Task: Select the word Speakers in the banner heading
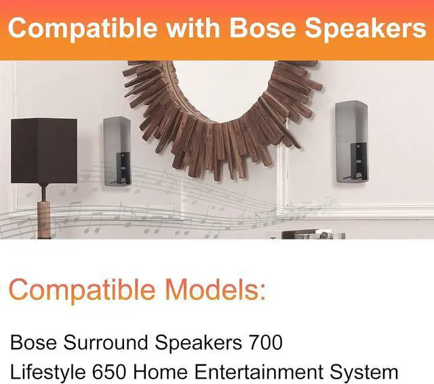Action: [367, 28]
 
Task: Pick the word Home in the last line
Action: [184, 372]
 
